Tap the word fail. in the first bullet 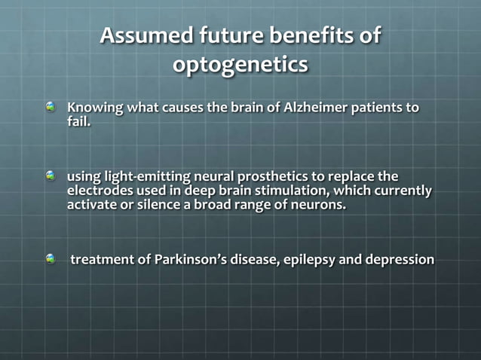[x=79, y=121]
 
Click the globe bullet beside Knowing [x=51, y=108]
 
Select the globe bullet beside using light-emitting [x=51, y=175]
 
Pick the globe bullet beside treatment [x=51, y=259]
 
